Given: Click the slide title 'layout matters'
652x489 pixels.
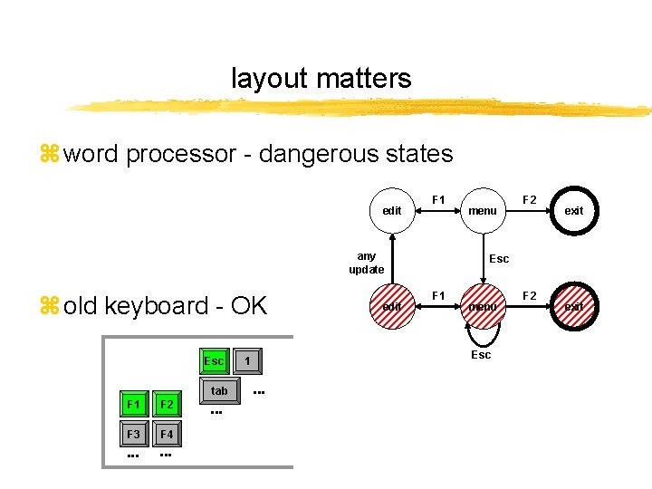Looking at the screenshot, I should click(321, 79).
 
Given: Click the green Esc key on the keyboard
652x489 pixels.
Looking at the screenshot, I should click(214, 361).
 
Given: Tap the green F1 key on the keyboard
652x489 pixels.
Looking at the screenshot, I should click(134, 404).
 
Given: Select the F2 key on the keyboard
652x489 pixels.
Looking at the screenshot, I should click(167, 404).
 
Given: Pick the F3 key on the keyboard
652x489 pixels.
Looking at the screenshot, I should click(134, 434).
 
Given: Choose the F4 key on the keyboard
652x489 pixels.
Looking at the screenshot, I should click(167, 435).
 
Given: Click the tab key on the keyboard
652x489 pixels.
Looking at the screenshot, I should click(219, 391).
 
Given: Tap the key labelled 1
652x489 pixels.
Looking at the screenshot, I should click(247, 361).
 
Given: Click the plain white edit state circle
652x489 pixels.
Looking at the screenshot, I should click(392, 210).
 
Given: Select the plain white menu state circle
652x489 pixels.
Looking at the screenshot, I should click(482, 210).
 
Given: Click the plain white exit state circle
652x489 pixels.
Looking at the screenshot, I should click(574, 210).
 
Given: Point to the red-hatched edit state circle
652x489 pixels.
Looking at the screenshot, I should click(392, 306).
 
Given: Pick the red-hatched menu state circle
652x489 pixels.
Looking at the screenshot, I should click(482, 306).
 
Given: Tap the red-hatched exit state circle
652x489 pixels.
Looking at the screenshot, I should click(574, 306).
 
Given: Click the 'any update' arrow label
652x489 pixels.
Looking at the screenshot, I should click(367, 263).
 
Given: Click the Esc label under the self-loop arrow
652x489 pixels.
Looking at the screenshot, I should click(481, 355).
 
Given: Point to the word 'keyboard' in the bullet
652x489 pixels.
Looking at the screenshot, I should click(157, 305).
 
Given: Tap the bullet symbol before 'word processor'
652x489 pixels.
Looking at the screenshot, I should click(49, 155).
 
